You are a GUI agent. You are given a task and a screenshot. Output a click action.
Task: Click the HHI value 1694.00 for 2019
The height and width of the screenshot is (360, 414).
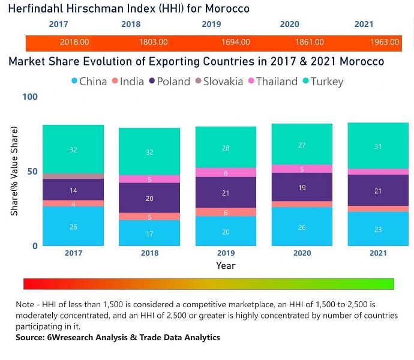[230, 43]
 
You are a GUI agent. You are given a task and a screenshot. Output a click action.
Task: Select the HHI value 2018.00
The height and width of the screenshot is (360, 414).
[74, 43]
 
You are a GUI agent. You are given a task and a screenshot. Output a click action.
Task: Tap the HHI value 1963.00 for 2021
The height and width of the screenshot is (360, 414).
[385, 43]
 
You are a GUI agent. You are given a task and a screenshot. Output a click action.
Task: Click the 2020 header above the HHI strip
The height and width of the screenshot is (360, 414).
[289, 25]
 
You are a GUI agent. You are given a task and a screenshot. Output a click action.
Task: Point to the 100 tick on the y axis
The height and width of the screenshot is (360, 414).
[30, 97]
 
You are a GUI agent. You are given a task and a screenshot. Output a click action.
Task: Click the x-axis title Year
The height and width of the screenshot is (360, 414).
[226, 265]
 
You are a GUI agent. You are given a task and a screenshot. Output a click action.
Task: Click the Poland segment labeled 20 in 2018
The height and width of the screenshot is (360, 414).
[149, 198]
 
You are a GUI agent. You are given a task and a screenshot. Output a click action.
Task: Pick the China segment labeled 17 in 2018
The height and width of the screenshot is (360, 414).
[149, 233]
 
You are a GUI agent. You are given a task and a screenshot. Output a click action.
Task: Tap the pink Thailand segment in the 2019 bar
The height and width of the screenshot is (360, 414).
[226, 172]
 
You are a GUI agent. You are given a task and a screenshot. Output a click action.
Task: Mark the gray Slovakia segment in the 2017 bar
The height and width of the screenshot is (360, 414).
[73, 176]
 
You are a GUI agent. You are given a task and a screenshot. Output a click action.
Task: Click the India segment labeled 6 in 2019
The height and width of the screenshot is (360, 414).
[226, 212]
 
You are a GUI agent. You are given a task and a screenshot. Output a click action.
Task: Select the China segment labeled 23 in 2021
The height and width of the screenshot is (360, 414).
[379, 229]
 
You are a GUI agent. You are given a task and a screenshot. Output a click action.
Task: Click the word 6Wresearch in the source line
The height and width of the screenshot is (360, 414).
[74, 338]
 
